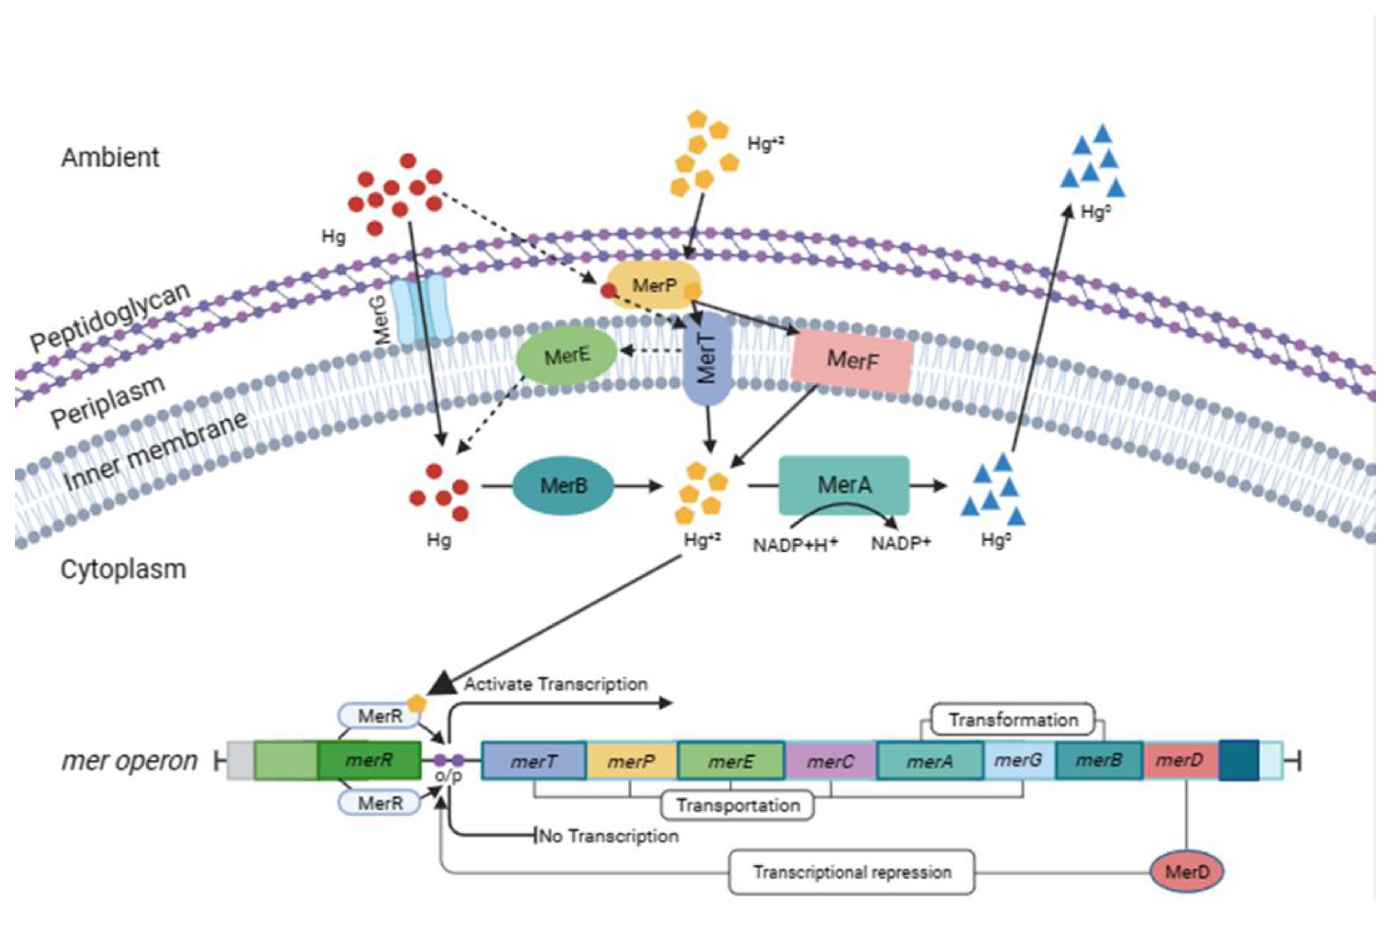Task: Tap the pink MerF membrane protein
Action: [x=852, y=360]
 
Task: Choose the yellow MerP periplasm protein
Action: [x=653, y=286]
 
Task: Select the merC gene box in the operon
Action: [x=830, y=761]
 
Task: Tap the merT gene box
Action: [x=533, y=761]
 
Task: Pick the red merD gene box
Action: [x=1179, y=760]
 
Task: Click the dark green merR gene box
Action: [x=368, y=760]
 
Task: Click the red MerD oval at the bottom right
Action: [x=1186, y=872]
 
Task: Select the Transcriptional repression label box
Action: [x=851, y=872]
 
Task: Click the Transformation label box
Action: [x=1013, y=720]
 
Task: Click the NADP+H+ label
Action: [x=794, y=544]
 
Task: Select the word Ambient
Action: [x=110, y=157]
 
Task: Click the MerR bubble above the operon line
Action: [x=379, y=716]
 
